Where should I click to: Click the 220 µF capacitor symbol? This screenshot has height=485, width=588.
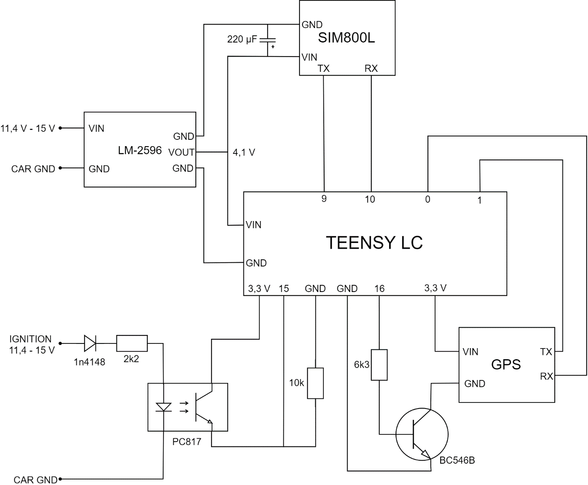[x=268, y=40]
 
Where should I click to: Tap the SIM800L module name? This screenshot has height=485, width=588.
[x=346, y=38]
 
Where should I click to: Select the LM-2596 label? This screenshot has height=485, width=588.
[x=140, y=150]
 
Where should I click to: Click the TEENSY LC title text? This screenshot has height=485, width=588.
[x=374, y=243]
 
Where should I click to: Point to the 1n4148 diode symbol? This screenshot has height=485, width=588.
[x=90, y=343]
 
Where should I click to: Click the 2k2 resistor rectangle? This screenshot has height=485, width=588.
[x=132, y=343]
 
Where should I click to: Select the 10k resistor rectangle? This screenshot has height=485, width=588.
[x=315, y=383]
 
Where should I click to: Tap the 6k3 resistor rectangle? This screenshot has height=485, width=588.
[x=379, y=365]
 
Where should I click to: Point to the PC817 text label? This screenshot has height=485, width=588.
[x=187, y=442]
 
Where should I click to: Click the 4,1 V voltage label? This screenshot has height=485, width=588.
[x=244, y=152]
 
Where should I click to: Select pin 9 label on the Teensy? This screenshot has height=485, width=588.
[x=324, y=199]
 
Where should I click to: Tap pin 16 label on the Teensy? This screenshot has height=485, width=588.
[x=379, y=289]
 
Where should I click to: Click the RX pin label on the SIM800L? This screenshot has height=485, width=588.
[x=371, y=68]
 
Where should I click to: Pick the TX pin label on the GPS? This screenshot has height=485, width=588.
[x=546, y=352]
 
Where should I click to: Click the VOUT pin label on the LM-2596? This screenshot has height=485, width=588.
[x=181, y=152]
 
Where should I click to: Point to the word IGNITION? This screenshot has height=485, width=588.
[x=31, y=339]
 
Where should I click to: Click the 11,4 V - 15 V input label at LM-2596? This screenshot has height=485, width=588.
[x=28, y=128]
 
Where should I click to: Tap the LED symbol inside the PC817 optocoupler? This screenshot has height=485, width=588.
[x=164, y=407]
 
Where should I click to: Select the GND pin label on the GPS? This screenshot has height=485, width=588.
[x=475, y=383]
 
